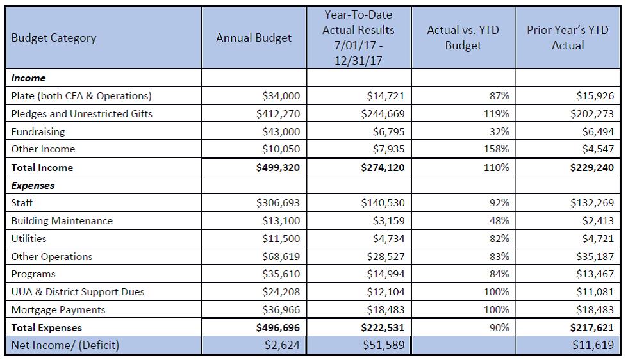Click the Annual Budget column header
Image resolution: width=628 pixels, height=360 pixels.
click(254, 38)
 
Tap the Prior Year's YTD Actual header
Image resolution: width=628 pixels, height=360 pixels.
click(568, 38)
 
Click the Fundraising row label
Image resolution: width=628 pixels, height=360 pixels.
click(38, 132)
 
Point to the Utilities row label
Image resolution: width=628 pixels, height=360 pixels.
click(29, 239)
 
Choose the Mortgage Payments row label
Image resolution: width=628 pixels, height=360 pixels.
click(58, 310)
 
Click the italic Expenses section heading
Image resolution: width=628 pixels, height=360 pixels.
click(33, 186)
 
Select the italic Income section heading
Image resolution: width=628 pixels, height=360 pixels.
click(28, 78)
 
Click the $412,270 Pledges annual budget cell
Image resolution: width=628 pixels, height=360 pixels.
click(278, 114)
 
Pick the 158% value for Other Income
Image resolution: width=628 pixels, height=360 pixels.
click(496, 149)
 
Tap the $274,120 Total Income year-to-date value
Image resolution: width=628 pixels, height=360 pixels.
click(383, 167)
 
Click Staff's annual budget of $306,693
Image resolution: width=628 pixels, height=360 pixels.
click(278, 202)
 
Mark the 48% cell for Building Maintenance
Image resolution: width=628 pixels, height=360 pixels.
click(499, 220)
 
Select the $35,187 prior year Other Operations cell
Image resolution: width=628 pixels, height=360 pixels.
click(595, 256)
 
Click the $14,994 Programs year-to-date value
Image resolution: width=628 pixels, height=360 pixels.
click(386, 274)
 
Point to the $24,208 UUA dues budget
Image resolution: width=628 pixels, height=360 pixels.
click(281, 292)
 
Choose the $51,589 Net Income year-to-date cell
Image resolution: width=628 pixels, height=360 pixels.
click(384, 345)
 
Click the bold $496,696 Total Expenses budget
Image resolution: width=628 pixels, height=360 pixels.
click(278, 327)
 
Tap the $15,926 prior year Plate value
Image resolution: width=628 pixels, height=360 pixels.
click(595, 95)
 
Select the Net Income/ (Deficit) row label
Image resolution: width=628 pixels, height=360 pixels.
click(65, 345)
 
